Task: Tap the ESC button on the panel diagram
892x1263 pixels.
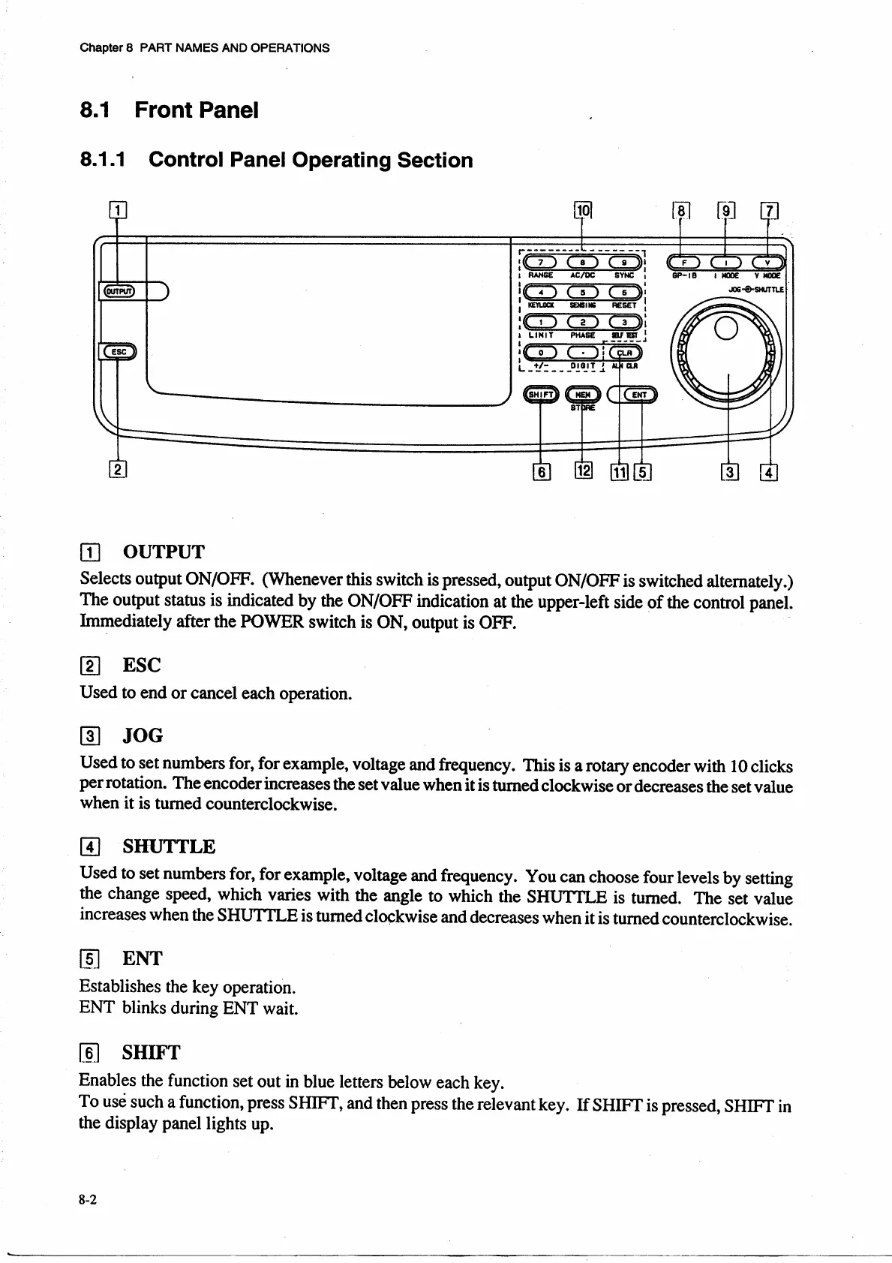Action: click(x=119, y=350)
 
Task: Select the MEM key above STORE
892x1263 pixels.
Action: click(x=582, y=394)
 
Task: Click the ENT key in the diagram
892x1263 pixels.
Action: click(x=639, y=394)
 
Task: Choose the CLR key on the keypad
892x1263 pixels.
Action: click(x=624, y=353)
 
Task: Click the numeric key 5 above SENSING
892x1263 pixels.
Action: click(x=582, y=293)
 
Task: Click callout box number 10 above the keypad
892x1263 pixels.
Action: click(x=583, y=211)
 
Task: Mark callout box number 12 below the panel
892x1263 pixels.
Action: click(x=583, y=471)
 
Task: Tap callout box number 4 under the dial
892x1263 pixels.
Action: click(x=770, y=472)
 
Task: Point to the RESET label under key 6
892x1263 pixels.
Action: click(x=624, y=305)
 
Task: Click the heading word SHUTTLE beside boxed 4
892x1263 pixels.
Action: click(x=169, y=847)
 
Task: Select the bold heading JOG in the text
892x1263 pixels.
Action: click(x=143, y=736)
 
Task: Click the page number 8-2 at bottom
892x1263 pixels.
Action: click(x=88, y=1199)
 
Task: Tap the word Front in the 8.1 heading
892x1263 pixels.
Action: click(x=165, y=110)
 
